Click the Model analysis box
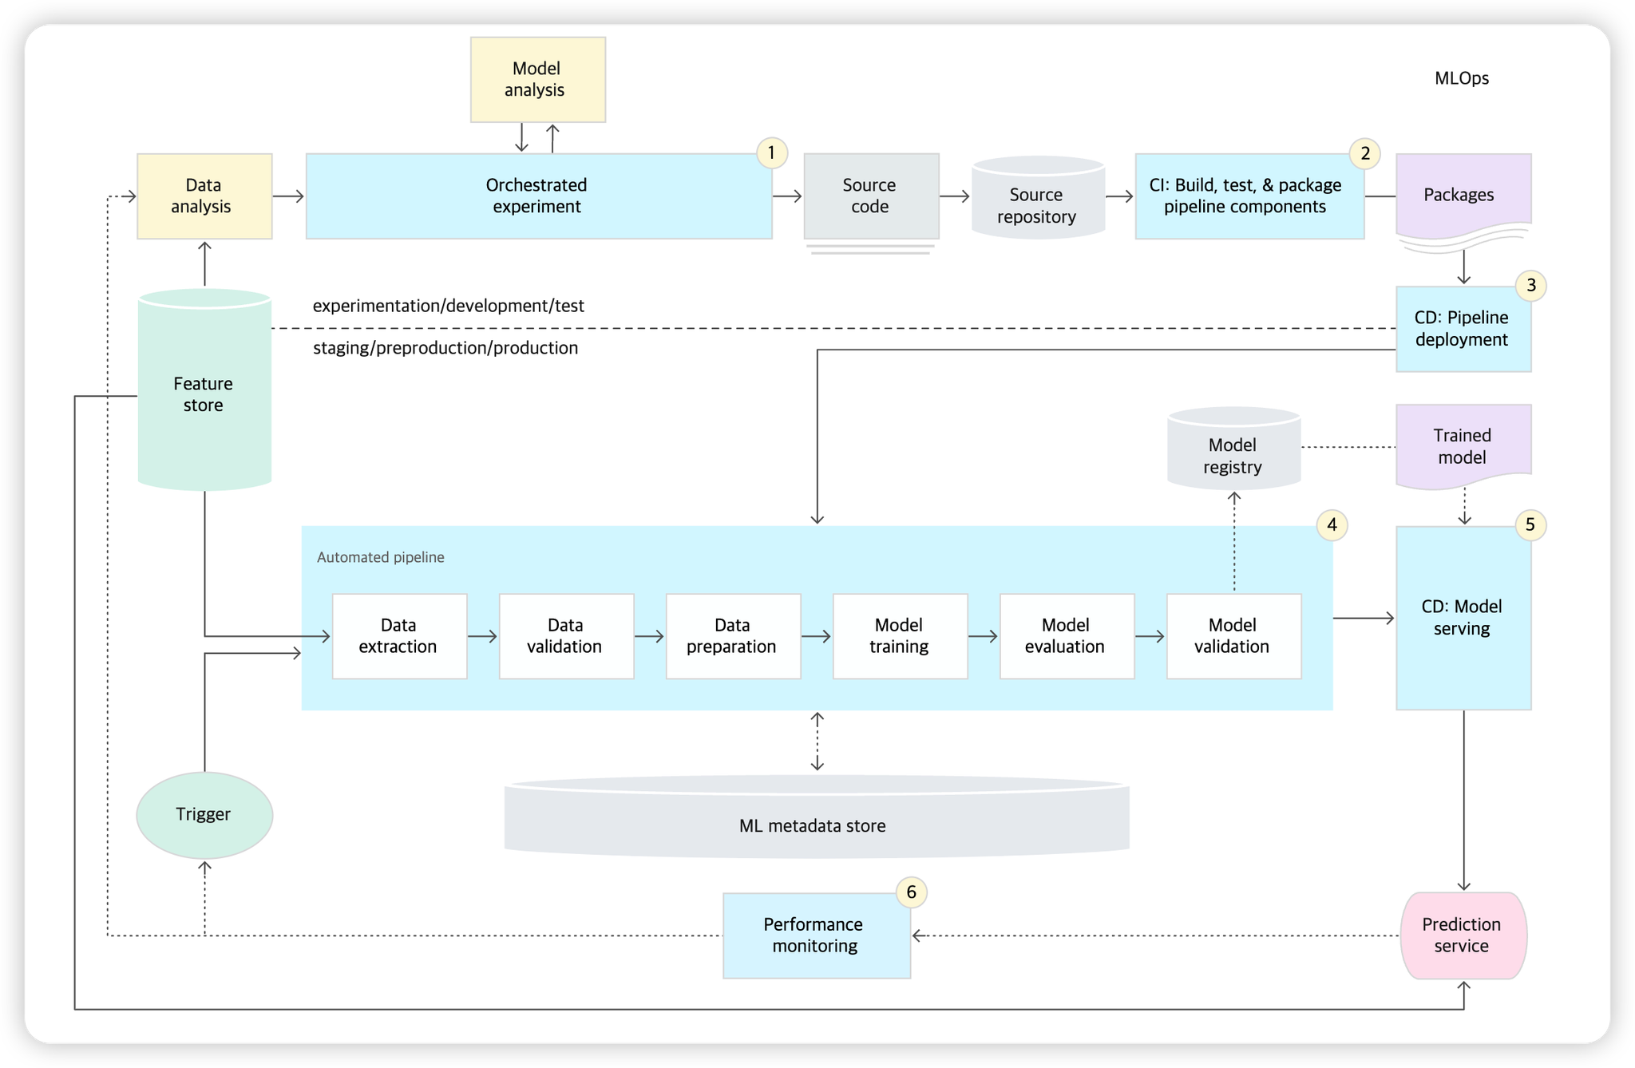pos(538,79)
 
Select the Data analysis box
pos(204,196)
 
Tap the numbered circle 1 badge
pos(771,152)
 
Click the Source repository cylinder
pos(1038,197)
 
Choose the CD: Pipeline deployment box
pos(1463,329)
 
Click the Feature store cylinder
pos(204,390)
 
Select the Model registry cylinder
pos(1234,448)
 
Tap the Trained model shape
pos(1463,446)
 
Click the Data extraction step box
pos(399,636)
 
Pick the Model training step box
pos(900,636)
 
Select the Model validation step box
pos(1233,636)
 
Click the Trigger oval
pos(204,815)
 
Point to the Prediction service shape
pos(1463,935)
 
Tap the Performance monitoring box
pos(817,935)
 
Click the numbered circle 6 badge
pos(911,892)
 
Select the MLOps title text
pos(1461,78)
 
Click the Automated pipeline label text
pos(380,557)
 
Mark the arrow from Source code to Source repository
pos(955,196)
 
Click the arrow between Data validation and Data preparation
pos(650,636)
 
